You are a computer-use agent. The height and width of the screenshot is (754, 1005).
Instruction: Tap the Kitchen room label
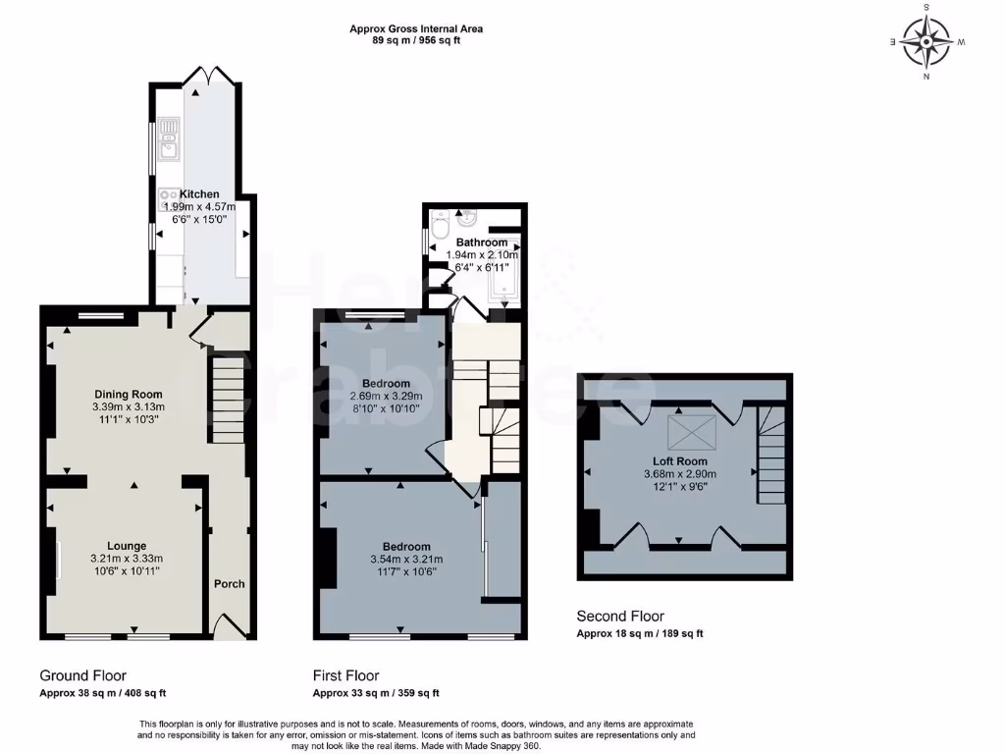(199, 194)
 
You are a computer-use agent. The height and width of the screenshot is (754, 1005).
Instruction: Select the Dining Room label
(128, 395)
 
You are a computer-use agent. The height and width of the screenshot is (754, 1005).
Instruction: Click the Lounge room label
(127, 546)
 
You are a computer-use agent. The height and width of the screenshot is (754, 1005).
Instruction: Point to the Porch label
(229, 583)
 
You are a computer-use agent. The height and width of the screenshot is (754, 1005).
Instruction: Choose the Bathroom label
(481, 242)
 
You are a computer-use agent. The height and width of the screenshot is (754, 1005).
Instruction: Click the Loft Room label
(680, 460)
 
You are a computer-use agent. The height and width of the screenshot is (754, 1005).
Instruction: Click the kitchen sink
(167, 139)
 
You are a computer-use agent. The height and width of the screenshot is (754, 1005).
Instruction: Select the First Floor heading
(345, 675)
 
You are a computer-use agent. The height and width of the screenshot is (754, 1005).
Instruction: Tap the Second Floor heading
(619, 617)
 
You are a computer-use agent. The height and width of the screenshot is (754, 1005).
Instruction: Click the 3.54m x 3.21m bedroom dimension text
(405, 560)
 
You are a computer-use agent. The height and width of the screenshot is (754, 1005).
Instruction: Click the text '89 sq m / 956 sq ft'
(416, 41)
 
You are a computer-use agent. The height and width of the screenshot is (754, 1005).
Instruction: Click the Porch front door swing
(228, 625)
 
